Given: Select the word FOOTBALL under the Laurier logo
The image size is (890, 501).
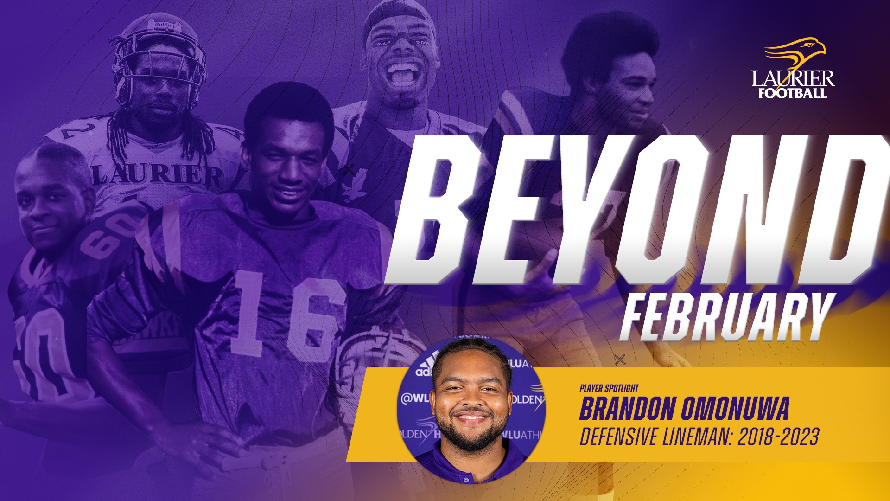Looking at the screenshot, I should [x=793, y=93].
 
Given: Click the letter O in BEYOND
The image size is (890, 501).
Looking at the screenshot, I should [x=691, y=211].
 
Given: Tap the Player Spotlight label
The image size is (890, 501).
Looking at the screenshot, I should [x=609, y=388].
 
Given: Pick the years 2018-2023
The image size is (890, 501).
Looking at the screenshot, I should [x=778, y=437].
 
